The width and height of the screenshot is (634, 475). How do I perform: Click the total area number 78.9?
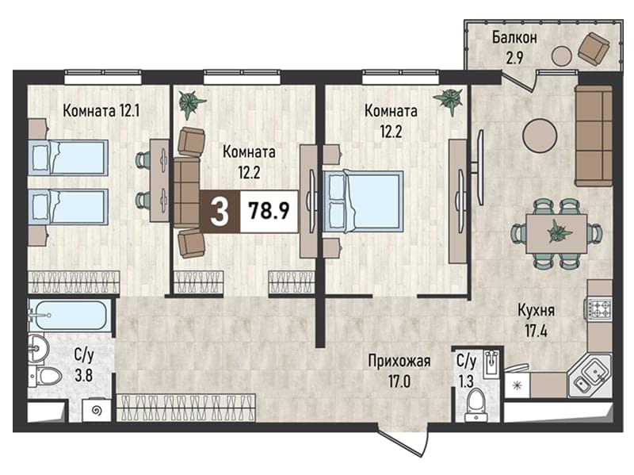269,210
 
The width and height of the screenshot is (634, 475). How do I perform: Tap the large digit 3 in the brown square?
220,211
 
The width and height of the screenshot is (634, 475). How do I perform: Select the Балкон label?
514,37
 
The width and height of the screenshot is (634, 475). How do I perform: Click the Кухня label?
537,311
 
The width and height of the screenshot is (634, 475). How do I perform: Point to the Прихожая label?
399,361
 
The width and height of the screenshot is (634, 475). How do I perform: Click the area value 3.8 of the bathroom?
84,375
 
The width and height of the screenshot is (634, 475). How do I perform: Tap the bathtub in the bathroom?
69,315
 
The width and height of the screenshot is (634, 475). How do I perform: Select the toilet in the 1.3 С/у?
476,404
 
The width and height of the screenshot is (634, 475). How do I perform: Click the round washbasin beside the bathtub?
38,348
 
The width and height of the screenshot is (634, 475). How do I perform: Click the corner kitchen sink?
590,374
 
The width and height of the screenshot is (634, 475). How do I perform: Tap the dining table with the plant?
556,233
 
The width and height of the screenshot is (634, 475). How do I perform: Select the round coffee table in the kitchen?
540,135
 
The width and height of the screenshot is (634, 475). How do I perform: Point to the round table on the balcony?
562,56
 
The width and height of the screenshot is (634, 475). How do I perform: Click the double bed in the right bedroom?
363,201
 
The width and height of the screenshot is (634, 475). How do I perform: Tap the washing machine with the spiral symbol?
96,410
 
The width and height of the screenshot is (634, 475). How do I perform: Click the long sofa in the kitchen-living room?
594,135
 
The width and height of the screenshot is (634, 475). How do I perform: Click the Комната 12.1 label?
101,110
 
